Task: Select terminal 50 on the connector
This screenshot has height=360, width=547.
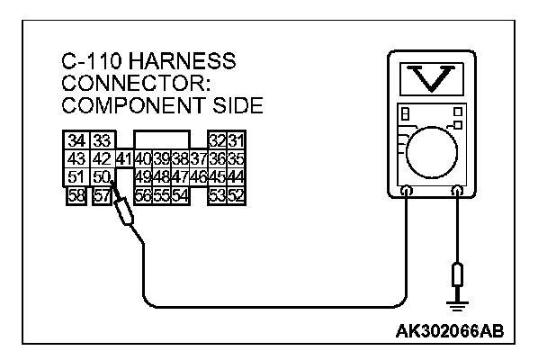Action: click(x=100, y=175)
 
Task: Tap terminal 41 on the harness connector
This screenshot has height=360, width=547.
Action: click(x=124, y=158)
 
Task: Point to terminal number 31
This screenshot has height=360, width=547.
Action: click(x=236, y=140)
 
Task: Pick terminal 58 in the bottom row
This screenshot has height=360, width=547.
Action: click(x=77, y=193)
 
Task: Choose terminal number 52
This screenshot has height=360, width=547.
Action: click(x=236, y=193)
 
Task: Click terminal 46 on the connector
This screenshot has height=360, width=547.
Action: click(x=199, y=175)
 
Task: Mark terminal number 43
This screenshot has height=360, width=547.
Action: click(x=77, y=158)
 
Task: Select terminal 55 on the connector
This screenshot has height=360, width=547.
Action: click(x=160, y=193)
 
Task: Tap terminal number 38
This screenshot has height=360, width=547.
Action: click(x=179, y=158)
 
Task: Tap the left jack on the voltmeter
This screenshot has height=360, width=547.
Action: click(x=407, y=191)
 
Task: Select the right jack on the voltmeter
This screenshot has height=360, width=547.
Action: click(x=458, y=191)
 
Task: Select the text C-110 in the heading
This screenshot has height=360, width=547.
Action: click(x=93, y=63)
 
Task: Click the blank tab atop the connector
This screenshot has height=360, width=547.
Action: click(x=162, y=139)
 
